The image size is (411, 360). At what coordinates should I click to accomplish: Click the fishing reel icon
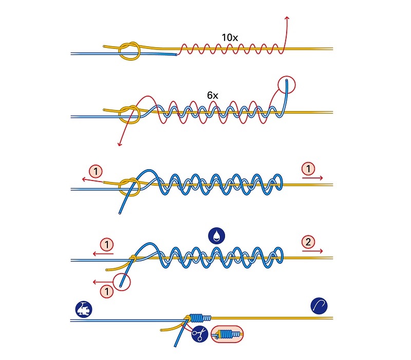point(84,308)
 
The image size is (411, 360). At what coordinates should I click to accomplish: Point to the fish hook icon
point(320,306)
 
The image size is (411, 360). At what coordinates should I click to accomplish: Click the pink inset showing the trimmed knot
point(229,335)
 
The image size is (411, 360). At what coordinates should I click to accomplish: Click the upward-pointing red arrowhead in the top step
point(286,19)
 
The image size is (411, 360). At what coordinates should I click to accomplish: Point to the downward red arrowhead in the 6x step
point(120,143)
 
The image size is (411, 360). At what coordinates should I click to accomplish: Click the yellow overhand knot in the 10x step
point(131,51)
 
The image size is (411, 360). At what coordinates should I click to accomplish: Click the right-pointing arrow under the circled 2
point(312,251)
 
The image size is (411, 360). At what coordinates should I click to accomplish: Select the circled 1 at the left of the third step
point(96,171)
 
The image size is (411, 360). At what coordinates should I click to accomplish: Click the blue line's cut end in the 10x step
point(176,54)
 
